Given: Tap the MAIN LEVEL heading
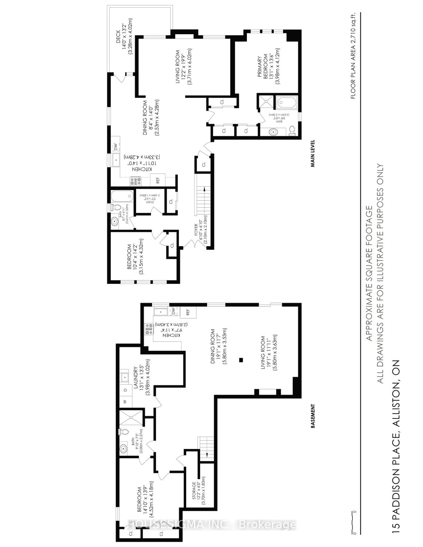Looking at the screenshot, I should click(313, 153).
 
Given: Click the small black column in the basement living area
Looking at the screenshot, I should click(241, 360).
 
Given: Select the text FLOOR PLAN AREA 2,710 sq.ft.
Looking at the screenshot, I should click(353, 56).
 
